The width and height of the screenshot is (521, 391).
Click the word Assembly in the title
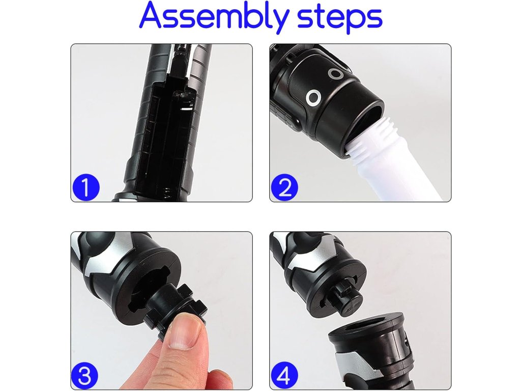coord(213,16)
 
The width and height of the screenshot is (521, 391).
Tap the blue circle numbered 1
coord(85,187)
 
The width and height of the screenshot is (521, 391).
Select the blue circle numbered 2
coord(284,187)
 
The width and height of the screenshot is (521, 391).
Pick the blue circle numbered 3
coord(85,375)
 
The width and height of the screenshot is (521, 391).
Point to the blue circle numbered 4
coord(284,375)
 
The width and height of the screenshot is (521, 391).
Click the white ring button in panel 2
coord(313,98)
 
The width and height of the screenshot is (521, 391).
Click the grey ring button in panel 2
coord(335,74)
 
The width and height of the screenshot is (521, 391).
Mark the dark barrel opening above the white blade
coord(365,119)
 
